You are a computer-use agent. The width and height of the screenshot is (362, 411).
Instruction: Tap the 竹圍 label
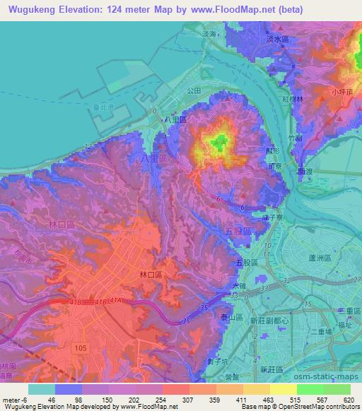(x=295, y=139)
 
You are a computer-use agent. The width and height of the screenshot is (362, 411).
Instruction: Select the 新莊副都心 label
(x=268, y=320)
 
